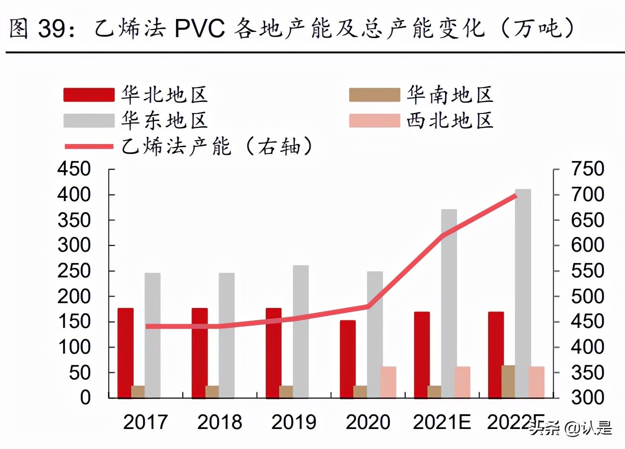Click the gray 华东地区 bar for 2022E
(x=523, y=293)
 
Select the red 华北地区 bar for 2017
(x=125, y=353)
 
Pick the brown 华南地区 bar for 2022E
(x=509, y=381)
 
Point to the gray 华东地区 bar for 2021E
(x=449, y=303)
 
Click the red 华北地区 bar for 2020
(x=348, y=359)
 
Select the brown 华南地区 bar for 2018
(x=212, y=392)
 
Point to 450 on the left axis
(x=74, y=169)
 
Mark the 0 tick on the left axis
(x=85, y=397)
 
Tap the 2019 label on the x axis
(x=293, y=422)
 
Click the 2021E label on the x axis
(x=442, y=422)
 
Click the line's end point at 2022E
(x=516, y=195)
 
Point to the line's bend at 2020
(x=368, y=306)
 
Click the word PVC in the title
(x=199, y=29)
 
